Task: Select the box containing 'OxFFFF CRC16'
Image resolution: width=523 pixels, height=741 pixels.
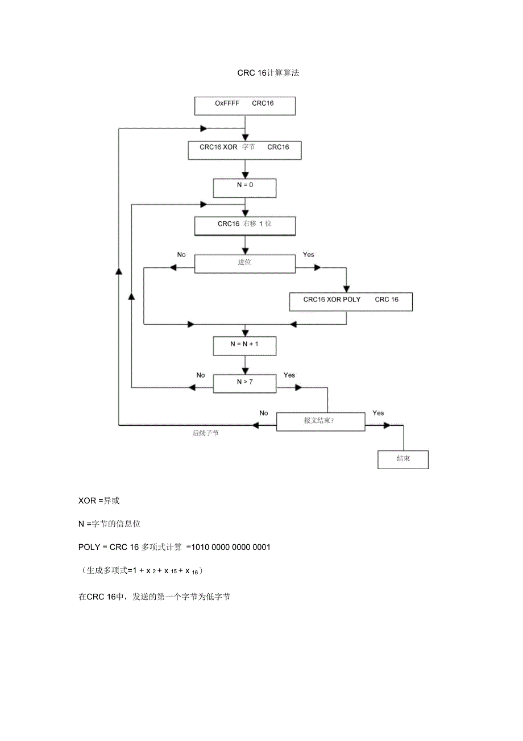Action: coord(245,105)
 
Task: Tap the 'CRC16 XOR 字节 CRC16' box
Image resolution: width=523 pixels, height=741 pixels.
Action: coord(244,150)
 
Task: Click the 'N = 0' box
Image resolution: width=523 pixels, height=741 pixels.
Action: coord(244,188)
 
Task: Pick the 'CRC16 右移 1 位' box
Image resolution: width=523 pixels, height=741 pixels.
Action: coord(244,225)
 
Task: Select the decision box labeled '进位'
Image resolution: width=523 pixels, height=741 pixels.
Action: coord(245,264)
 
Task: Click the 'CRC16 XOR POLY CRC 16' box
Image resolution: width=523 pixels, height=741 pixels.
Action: coord(351,301)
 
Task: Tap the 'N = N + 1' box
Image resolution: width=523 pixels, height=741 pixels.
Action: coord(244,345)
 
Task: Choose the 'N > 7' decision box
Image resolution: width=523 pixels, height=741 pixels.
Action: coord(244,383)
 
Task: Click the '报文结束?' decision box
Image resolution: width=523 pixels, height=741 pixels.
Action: coord(321,421)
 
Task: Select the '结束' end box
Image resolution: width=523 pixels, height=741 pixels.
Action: coord(403,459)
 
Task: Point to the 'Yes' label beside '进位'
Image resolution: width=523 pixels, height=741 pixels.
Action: coord(308,255)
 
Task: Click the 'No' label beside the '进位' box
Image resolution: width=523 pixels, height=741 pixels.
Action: coord(181,255)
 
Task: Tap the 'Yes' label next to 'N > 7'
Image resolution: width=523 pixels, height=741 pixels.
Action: coord(289,375)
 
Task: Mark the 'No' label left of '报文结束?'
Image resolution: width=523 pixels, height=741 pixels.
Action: coord(263,413)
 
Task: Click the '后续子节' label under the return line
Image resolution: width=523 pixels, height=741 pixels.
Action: coord(205,433)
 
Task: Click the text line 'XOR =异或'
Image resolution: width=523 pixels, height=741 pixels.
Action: coord(99,501)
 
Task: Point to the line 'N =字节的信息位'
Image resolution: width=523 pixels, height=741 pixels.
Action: coord(109,524)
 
